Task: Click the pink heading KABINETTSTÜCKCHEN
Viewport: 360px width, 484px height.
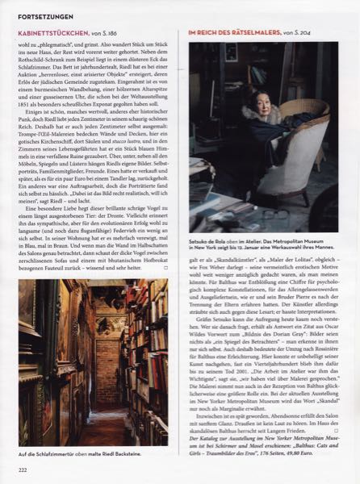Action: tap(61, 33)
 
